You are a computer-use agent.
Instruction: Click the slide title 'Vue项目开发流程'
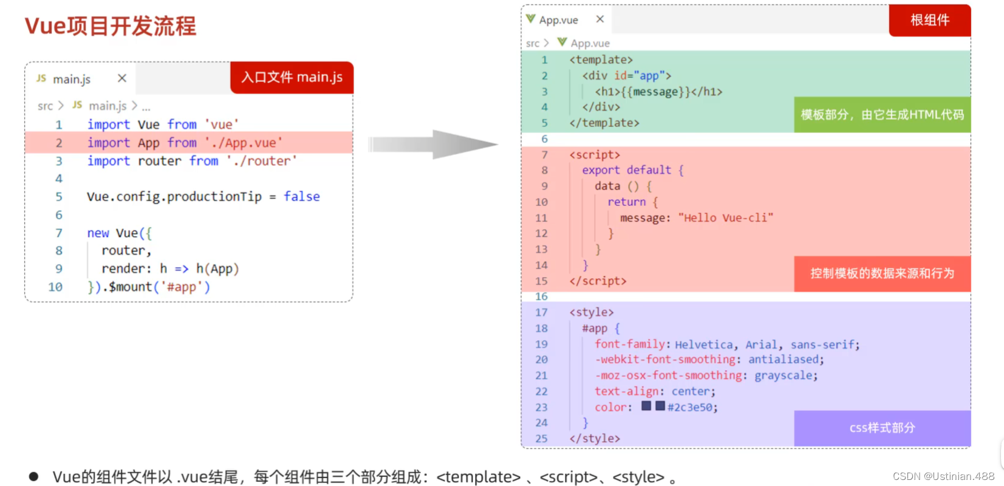click(111, 26)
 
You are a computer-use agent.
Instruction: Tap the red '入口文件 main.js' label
click(292, 77)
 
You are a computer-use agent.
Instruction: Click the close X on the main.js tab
click(122, 78)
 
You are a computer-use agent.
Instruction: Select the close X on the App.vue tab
click(600, 19)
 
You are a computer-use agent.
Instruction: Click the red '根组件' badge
click(929, 20)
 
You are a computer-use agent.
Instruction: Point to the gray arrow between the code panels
click(434, 145)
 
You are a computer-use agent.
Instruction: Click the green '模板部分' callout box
click(882, 114)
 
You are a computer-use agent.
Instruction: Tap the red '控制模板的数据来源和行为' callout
click(882, 273)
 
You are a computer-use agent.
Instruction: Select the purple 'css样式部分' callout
click(882, 428)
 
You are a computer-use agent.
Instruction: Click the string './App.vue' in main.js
click(244, 143)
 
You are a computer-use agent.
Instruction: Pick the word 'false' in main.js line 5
click(301, 196)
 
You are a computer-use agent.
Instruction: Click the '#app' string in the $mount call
click(182, 287)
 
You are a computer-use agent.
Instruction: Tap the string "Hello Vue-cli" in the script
click(726, 217)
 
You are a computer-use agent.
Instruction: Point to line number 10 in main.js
click(55, 287)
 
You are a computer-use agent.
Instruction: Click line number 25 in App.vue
click(541, 439)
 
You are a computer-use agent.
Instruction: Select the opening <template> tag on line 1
click(601, 60)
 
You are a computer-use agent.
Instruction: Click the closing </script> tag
click(598, 281)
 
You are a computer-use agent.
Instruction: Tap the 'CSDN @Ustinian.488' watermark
click(943, 476)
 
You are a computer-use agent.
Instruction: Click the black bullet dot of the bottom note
click(34, 477)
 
